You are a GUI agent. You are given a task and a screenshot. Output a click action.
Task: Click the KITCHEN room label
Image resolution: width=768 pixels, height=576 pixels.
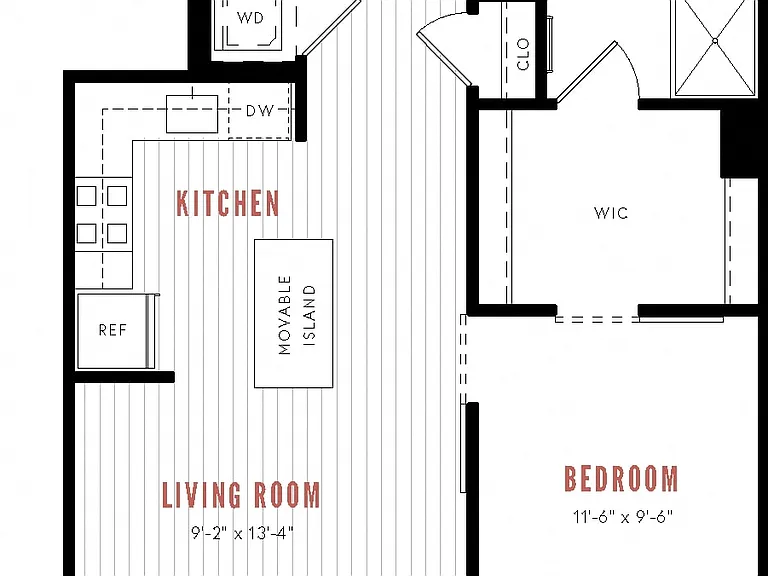(228, 203)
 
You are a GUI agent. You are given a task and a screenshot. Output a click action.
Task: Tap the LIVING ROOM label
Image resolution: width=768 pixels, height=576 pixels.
(241, 495)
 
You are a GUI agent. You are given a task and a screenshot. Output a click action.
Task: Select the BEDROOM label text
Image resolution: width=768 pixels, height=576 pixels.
(622, 479)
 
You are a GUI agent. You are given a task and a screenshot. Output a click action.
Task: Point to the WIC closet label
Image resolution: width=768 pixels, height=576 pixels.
(611, 213)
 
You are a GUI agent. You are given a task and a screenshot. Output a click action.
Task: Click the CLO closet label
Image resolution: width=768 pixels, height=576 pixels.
(523, 54)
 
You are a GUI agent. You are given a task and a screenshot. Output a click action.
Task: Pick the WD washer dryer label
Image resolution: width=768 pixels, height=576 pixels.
(250, 18)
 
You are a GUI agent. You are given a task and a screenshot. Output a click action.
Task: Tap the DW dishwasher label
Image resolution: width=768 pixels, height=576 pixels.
(260, 111)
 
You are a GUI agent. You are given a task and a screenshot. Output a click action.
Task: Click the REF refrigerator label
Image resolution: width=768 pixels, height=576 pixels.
(113, 330)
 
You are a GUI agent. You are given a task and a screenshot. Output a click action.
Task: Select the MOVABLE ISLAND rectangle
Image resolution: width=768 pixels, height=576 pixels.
(293, 313)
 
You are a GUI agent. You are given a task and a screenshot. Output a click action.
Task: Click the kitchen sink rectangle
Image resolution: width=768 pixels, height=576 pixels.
(192, 114)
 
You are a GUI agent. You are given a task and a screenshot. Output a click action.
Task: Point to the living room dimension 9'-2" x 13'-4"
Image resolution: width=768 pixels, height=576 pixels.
(242, 532)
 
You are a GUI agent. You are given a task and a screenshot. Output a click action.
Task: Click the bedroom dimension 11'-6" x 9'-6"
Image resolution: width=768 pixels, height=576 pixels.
(623, 516)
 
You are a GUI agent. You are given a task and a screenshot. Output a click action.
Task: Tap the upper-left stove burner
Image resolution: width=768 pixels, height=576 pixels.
(87, 196)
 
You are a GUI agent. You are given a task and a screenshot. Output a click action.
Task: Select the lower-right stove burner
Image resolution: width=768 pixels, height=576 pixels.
(117, 233)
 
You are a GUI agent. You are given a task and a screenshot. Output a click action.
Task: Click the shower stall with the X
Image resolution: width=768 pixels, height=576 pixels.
(715, 48)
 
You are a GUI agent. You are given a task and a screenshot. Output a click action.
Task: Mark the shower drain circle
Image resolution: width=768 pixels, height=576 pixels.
(715, 41)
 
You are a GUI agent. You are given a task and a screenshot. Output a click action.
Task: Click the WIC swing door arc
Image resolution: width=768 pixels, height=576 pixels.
(630, 65)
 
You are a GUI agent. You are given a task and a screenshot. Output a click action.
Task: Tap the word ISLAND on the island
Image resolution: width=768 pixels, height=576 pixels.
(310, 316)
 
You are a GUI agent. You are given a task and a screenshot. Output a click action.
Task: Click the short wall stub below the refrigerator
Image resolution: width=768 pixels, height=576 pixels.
(124, 377)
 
